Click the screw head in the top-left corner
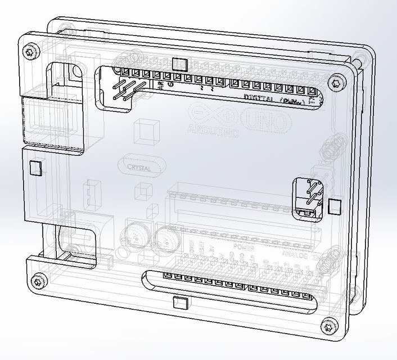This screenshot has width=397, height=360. (30, 52)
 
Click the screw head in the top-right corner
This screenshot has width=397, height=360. (336, 82)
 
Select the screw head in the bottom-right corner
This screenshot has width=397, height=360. (327, 326)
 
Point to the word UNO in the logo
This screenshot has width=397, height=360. (268, 120)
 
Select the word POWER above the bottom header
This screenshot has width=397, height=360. (245, 247)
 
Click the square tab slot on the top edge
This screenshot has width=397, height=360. (180, 62)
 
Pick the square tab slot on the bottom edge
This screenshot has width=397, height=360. (180, 303)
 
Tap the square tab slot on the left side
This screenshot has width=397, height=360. (35, 168)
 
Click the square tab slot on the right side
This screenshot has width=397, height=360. (335, 206)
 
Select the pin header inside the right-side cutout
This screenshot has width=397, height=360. (310, 195)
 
